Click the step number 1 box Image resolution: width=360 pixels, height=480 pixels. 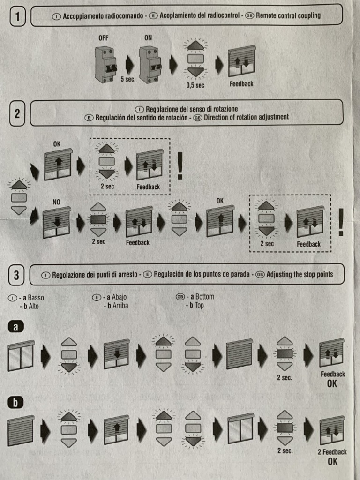click(x=17, y=17)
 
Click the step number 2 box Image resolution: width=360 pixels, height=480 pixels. click(x=17, y=113)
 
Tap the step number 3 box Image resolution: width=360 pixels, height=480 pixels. click(x=16, y=275)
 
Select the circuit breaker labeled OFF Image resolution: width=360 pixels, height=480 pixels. click(x=105, y=65)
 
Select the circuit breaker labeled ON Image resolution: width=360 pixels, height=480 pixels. click(x=150, y=65)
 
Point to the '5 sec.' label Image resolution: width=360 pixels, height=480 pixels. click(x=127, y=79)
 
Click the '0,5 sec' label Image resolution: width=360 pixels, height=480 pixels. click(x=195, y=85)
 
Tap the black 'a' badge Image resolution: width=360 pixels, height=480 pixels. click(x=15, y=327)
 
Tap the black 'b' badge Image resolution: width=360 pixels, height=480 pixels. click(x=15, y=402)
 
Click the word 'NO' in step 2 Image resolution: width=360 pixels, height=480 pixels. click(x=56, y=202)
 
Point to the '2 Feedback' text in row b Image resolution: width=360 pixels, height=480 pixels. click(x=332, y=452)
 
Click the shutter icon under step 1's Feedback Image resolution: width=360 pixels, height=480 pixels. click(x=241, y=61)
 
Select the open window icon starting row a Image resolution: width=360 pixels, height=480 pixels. click(x=21, y=355)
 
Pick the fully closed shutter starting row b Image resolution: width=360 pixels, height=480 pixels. click(x=21, y=430)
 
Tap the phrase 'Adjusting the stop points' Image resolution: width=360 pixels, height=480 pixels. click(x=300, y=274)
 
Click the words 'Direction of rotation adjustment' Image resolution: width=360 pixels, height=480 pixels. click(x=246, y=117)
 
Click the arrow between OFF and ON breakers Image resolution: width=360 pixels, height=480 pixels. click(x=128, y=65)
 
